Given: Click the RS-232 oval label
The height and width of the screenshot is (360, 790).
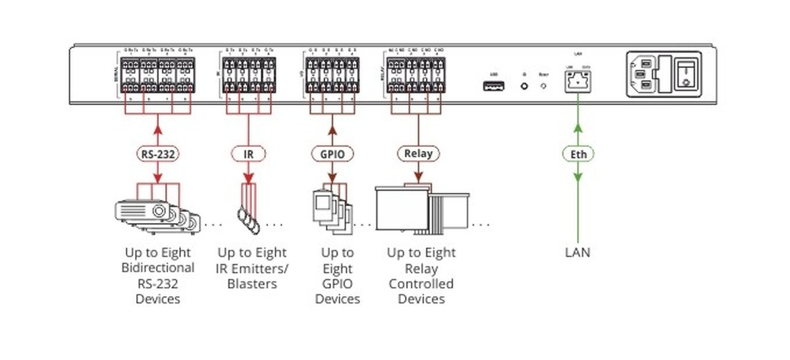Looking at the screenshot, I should tap(158, 154).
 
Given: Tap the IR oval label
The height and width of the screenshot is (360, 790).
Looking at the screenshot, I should tap(248, 154).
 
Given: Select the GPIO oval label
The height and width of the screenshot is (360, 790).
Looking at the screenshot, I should tap(332, 154).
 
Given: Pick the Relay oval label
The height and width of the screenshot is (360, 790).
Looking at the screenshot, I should tap(418, 154).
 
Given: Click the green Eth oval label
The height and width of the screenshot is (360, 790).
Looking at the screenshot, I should tap(579, 154).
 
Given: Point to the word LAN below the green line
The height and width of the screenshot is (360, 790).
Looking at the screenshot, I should tap(578, 252).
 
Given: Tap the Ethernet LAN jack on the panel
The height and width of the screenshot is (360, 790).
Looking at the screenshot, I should tap(578, 82).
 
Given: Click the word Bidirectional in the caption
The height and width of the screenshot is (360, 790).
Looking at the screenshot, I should tap(158, 268).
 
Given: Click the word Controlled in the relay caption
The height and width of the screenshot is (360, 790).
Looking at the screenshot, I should tap(421, 284).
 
